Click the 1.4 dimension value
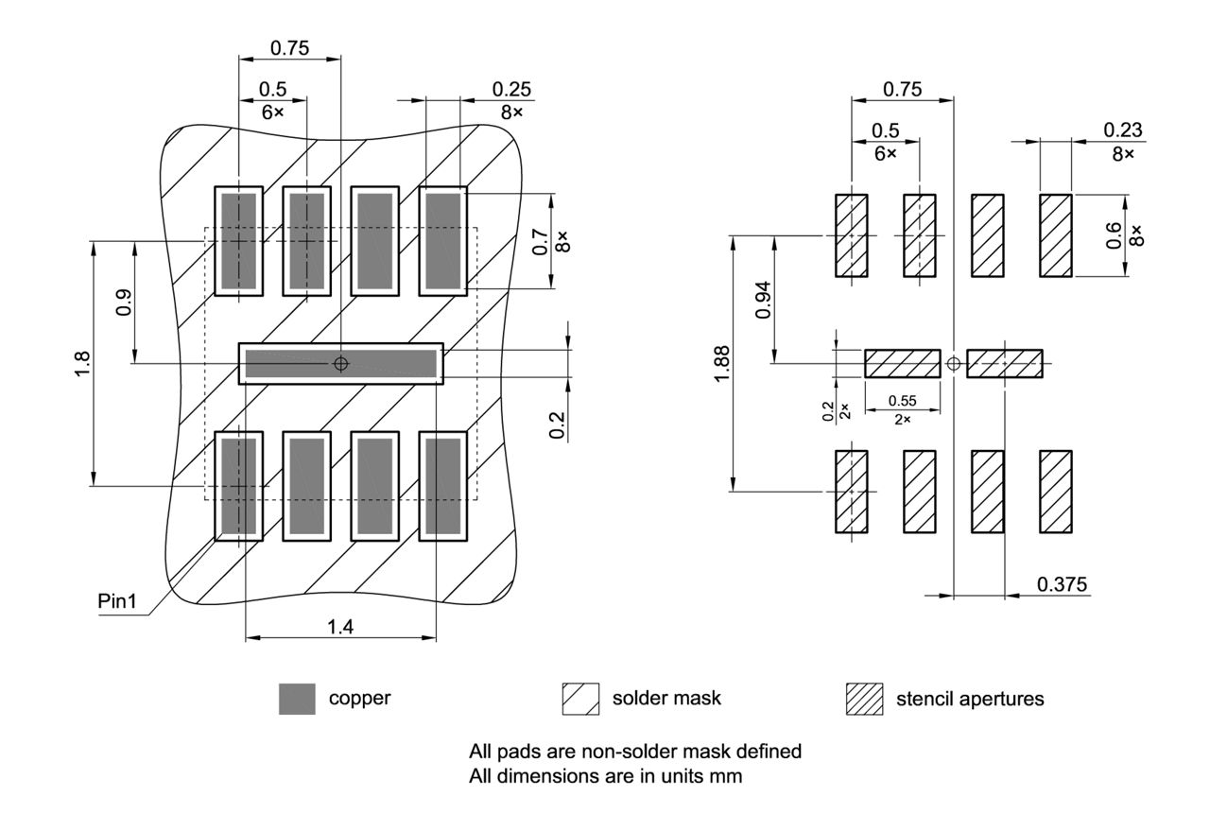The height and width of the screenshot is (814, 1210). coord(340,626)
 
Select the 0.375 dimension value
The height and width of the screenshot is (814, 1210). coord(1062,584)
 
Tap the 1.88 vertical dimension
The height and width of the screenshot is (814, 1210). coord(722,363)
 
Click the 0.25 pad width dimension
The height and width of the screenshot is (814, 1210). coord(511,89)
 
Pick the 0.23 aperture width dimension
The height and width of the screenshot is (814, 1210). coord(1122,130)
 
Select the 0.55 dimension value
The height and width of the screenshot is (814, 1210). coord(902,401)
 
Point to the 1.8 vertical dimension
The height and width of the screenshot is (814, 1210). coord(82,363)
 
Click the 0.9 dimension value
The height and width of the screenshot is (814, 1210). coord(124,303)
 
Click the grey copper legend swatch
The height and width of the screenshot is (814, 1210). coord(297,699)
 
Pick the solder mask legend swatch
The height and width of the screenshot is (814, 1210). coord(580,699)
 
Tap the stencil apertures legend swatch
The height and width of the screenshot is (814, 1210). coord(863,699)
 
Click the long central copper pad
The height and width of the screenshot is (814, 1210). coord(340,363)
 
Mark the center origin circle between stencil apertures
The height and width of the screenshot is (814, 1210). coord(953,363)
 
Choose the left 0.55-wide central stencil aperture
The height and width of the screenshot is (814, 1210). coord(902,363)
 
